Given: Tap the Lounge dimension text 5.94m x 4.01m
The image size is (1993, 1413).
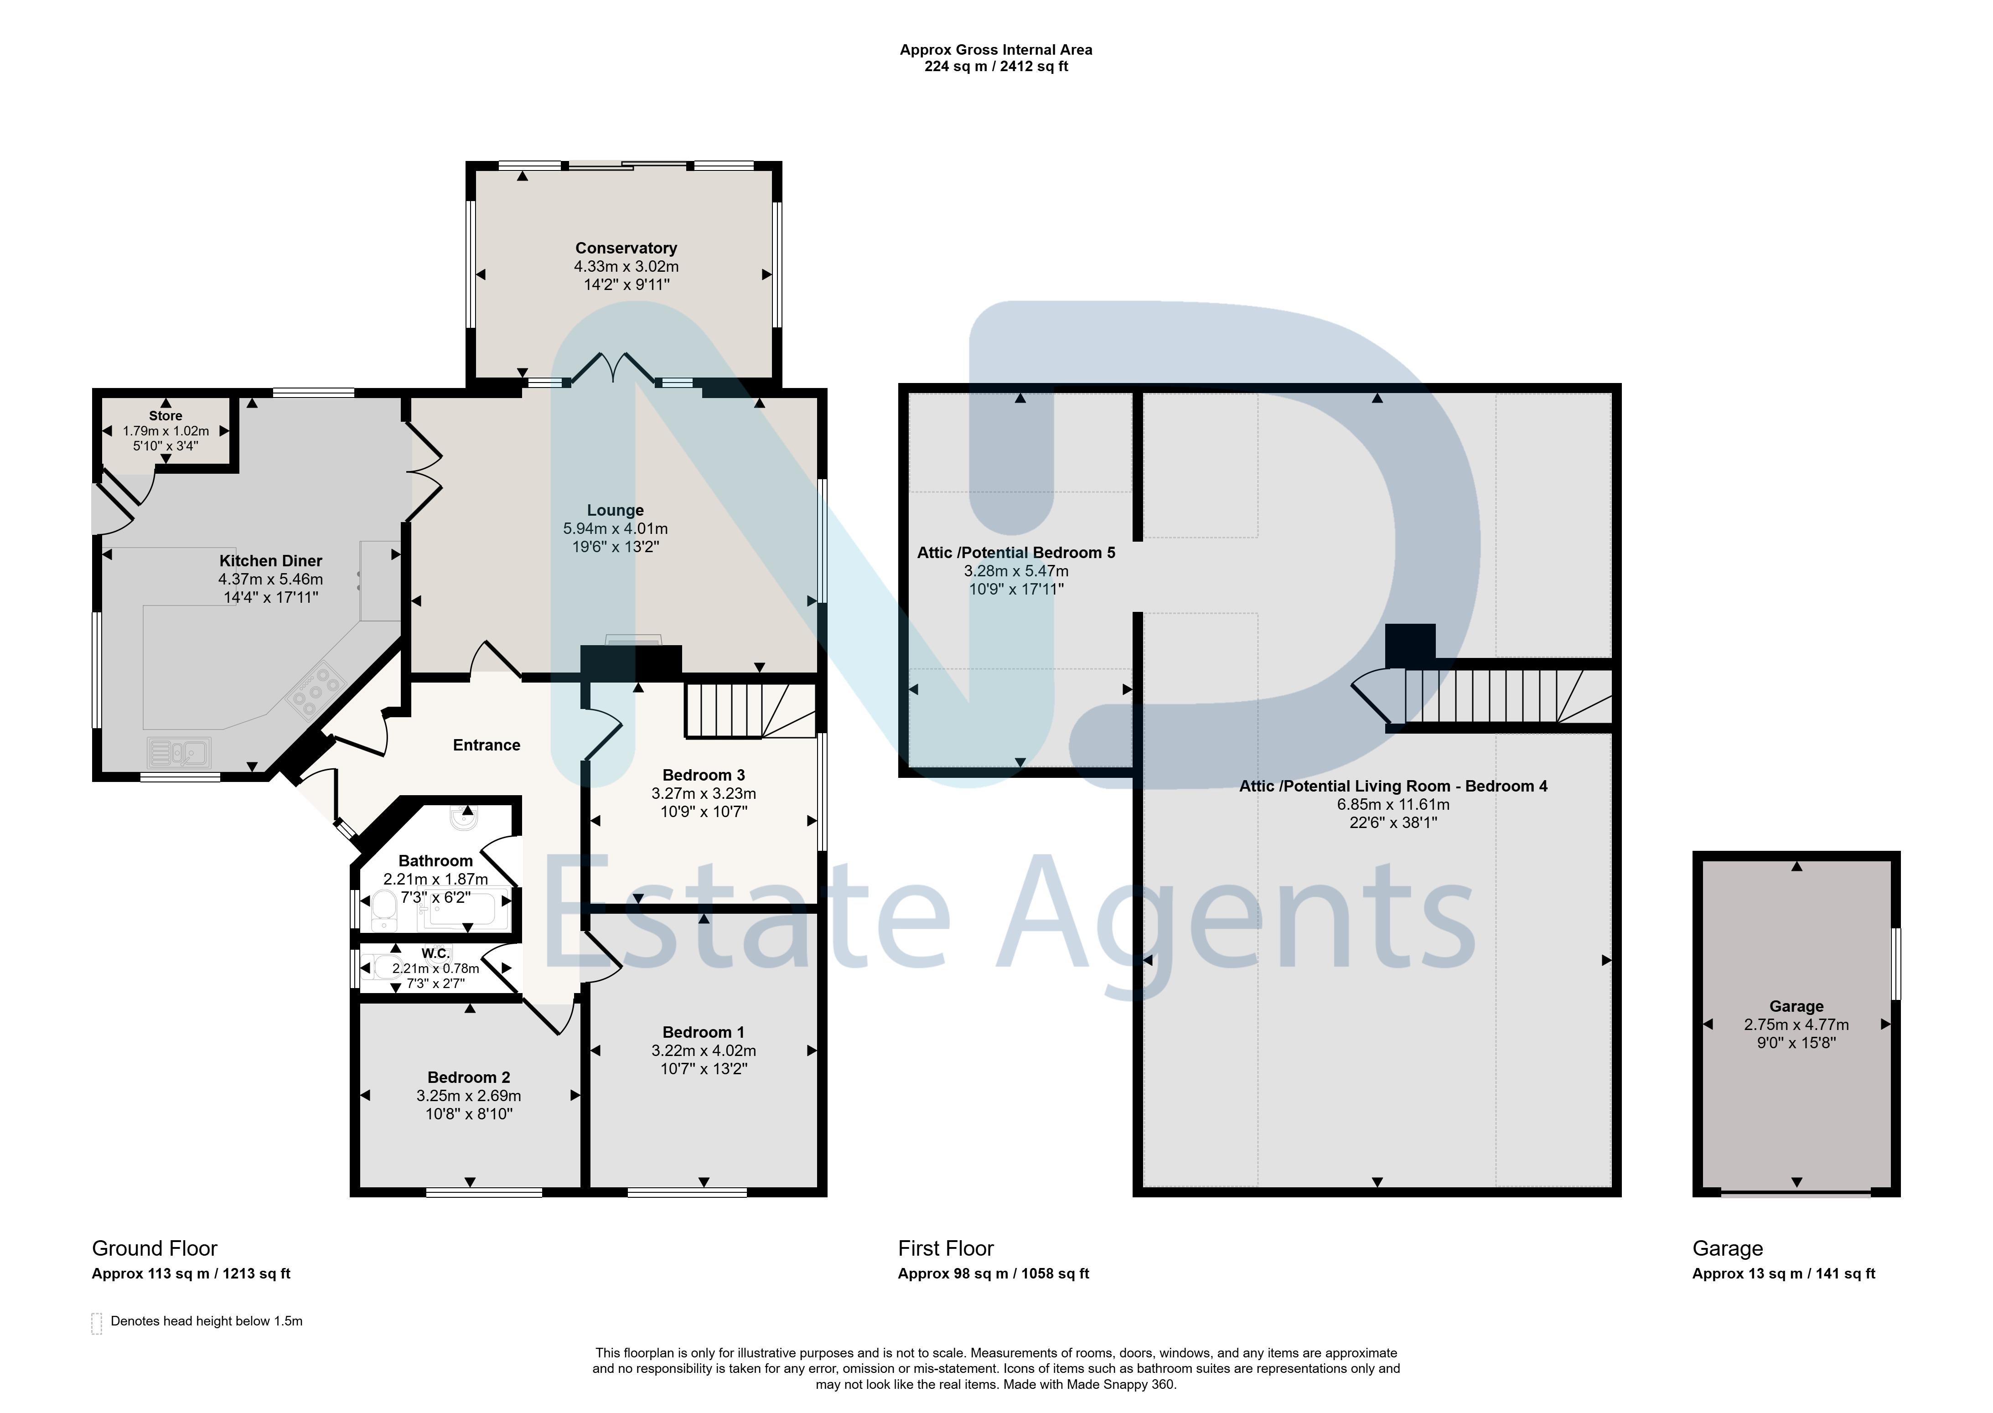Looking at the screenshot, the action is tap(615, 528).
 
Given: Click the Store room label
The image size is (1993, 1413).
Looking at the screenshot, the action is tap(166, 416).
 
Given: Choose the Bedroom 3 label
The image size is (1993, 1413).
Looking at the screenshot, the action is tap(703, 775).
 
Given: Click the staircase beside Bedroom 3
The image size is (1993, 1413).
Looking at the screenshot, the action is tap(750, 711).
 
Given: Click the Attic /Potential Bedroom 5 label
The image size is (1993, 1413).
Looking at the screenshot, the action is tap(1016, 553).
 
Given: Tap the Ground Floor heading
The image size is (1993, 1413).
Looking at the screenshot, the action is tap(155, 1248).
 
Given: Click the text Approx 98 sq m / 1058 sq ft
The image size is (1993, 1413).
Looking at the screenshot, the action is tap(994, 1274).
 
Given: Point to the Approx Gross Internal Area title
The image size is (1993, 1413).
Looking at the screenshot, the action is tap(996, 50).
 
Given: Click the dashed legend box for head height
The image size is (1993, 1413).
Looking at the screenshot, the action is tap(97, 1323).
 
